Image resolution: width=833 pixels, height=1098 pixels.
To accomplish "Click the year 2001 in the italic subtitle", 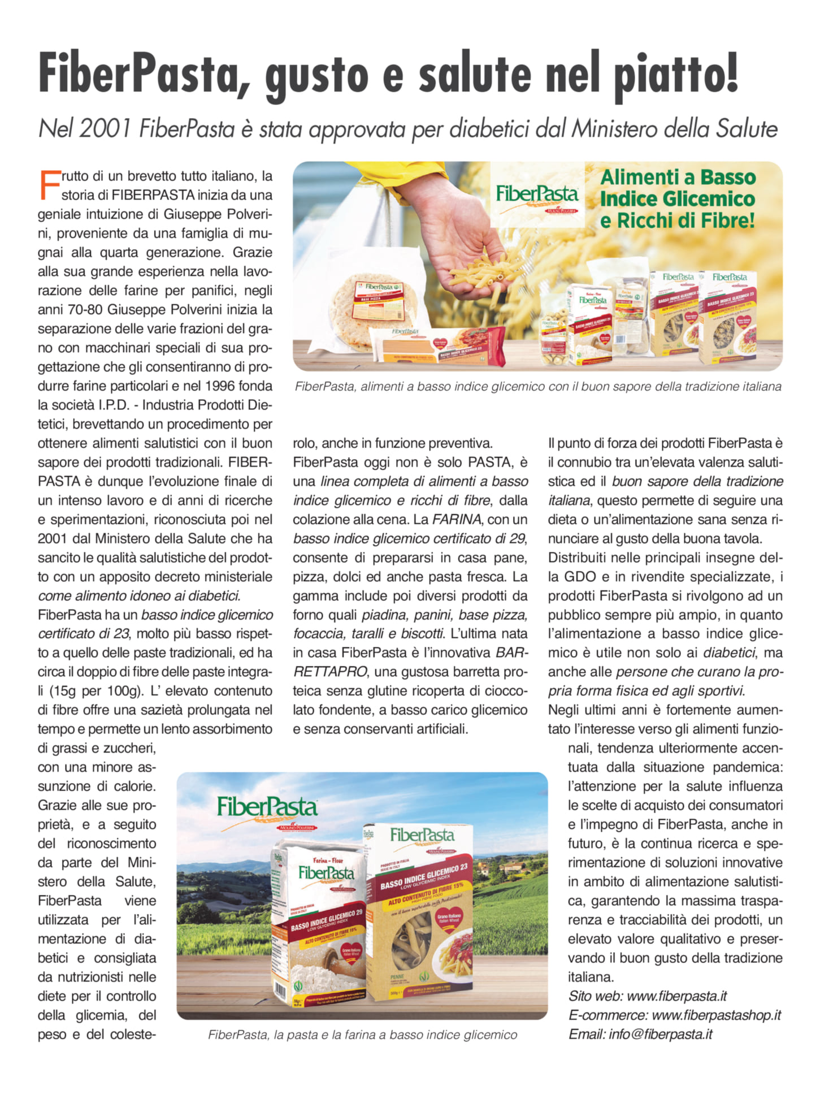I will pos(105,129).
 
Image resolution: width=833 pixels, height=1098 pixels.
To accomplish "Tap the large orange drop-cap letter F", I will pos(50,185).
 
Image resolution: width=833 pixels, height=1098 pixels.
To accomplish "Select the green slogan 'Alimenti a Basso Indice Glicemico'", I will pos(677,198).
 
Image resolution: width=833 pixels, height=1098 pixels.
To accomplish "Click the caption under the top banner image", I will pos(537,387).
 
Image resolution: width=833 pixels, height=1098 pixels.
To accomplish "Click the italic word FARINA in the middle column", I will pos(457,519).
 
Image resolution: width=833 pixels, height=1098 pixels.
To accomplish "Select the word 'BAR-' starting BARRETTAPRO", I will pos(511,652).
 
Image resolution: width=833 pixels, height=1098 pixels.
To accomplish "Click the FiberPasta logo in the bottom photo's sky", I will pos(267,809).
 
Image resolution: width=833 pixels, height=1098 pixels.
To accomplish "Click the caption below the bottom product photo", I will pos(362,1035).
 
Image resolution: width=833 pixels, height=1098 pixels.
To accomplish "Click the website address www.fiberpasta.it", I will pos(676,996).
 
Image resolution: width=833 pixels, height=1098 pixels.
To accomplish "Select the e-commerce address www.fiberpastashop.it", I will pos(716,1015).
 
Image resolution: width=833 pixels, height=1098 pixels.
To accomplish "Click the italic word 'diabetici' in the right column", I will pos(728,652).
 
